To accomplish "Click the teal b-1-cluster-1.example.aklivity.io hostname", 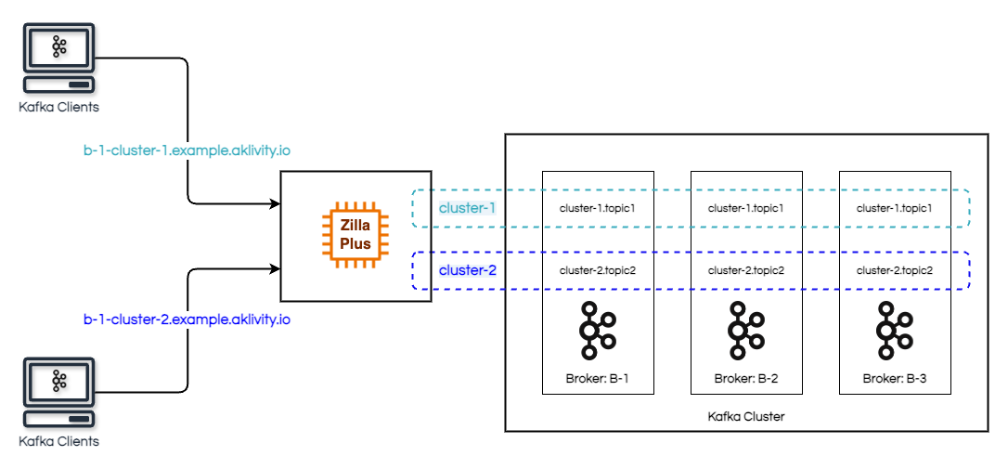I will (x=187, y=149).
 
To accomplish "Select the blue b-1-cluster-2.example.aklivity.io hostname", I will (x=187, y=319).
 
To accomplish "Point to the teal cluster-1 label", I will (x=467, y=208).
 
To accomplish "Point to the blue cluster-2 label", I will (x=467, y=270).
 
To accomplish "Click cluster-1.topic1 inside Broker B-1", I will (x=598, y=208).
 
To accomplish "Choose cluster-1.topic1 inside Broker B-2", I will (x=746, y=208).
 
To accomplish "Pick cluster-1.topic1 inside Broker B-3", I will (x=894, y=208).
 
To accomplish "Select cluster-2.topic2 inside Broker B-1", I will (x=598, y=270).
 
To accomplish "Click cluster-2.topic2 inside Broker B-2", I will (x=746, y=270).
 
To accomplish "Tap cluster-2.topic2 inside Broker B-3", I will (x=894, y=270).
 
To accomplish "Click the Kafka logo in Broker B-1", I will (x=597, y=331).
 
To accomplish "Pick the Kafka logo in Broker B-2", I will (x=745, y=331).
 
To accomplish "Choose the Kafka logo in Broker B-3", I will (x=894, y=331).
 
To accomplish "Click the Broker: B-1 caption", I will (x=598, y=379).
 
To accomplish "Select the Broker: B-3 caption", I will (x=894, y=379).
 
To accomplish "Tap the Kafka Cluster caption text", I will (x=745, y=417).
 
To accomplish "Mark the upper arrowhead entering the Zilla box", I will (x=275, y=202).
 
